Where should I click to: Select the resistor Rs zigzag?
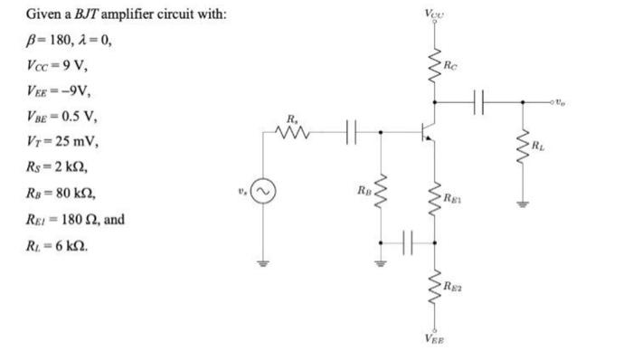pyautogui.click(x=295, y=134)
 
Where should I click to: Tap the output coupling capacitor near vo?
pyautogui.click(x=480, y=101)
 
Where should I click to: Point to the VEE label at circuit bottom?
pyautogui.click(x=433, y=341)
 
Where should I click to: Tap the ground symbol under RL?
pyautogui.click(x=522, y=205)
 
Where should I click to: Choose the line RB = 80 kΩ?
pyautogui.click(x=61, y=194)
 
